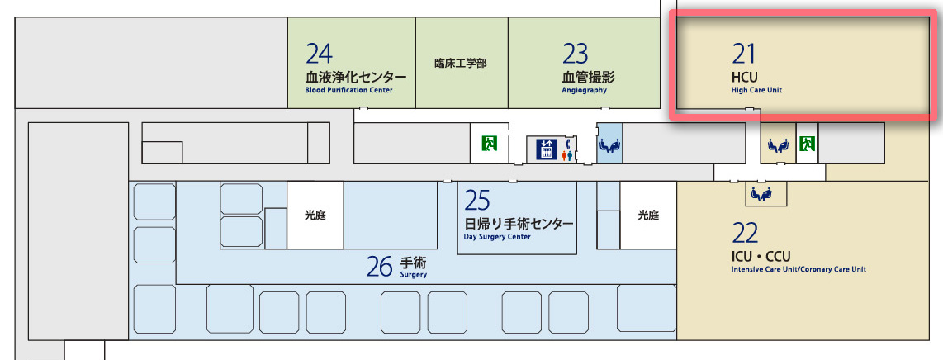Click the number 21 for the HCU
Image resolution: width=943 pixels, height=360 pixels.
pyautogui.click(x=744, y=54)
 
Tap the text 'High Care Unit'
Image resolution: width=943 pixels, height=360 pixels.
pyautogui.click(x=756, y=90)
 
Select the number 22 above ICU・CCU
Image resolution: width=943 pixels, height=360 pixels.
pyautogui.click(x=745, y=233)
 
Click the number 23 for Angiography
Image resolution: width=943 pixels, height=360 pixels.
pyautogui.click(x=575, y=54)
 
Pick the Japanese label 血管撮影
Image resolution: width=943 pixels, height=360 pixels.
pyautogui.click(x=588, y=77)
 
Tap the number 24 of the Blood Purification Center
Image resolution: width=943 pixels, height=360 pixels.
pyautogui.click(x=319, y=54)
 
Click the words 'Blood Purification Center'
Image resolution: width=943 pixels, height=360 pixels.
pyautogui.click(x=348, y=90)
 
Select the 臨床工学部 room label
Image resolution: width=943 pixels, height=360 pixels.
pyautogui.click(x=460, y=63)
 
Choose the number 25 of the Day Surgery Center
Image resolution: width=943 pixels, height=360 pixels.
pyautogui.click(x=477, y=201)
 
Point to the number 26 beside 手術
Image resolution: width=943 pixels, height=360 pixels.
pyautogui.click(x=380, y=266)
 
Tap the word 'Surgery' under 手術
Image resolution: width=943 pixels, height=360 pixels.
pyautogui.click(x=414, y=275)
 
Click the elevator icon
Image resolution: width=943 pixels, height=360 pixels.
pyautogui.click(x=547, y=149)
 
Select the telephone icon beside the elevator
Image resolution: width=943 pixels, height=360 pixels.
pyautogui.click(x=568, y=141)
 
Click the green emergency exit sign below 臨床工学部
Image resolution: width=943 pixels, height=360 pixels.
pyautogui.click(x=490, y=144)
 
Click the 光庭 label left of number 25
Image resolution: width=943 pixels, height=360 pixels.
pyautogui.click(x=315, y=215)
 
